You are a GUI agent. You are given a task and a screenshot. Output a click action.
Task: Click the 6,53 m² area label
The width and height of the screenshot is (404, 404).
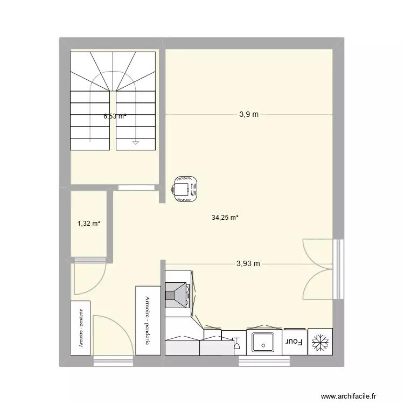[x=115, y=115]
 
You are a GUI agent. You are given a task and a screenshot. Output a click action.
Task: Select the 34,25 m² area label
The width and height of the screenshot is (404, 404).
[x=225, y=218]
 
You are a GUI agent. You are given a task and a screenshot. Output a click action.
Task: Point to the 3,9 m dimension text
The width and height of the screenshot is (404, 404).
[x=249, y=114]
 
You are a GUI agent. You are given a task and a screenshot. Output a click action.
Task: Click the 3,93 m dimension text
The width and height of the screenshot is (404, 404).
[x=248, y=263]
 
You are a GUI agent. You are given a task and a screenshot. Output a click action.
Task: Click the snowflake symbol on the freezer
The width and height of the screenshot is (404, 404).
[x=321, y=342]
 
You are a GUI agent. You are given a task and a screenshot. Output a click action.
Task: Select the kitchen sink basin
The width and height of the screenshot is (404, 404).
[x=264, y=341]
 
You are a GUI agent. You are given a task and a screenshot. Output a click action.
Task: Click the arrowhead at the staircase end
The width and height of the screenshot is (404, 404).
[x=136, y=143]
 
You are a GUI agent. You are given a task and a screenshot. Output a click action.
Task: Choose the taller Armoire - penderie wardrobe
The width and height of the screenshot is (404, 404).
[x=148, y=320]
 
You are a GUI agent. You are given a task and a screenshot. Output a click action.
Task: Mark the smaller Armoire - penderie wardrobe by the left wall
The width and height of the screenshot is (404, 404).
[x=81, y=328]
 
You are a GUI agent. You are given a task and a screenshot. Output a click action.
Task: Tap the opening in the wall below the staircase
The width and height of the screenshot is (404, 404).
[x=136, y=188]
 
